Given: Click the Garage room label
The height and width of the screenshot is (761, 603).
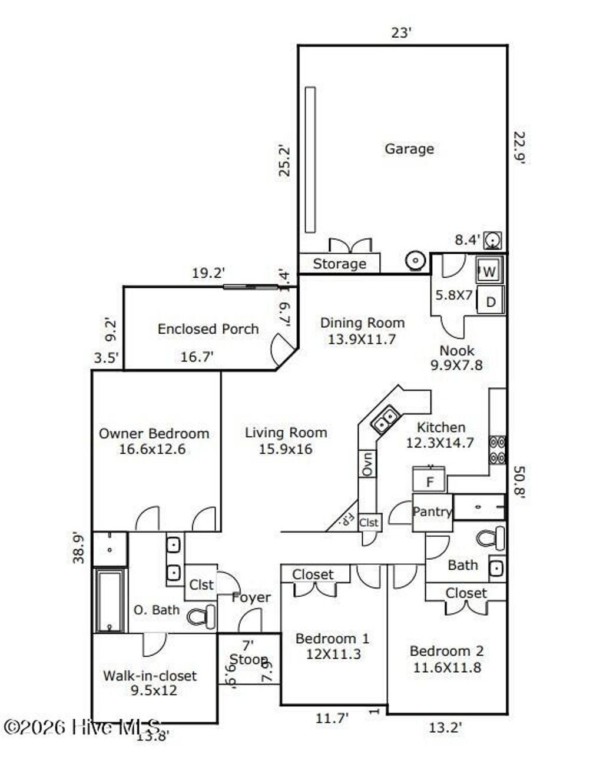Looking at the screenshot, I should [409, 149].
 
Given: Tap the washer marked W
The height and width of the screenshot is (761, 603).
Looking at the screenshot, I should [489, 272].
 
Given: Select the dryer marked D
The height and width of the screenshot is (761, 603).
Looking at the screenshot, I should [490, 302].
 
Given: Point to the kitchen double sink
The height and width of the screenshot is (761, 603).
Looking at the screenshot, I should [386, 420].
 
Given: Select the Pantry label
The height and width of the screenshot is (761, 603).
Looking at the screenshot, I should [432, 511].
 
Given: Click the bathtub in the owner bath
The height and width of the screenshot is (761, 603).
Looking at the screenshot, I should [110, 600].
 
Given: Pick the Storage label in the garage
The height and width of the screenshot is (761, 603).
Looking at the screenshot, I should [339, 264].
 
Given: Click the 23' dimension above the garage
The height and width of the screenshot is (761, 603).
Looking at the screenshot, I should [401, 33].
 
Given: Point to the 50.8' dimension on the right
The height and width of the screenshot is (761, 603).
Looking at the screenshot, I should [518, 482].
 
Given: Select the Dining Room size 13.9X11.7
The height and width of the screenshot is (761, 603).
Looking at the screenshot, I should [362, 339].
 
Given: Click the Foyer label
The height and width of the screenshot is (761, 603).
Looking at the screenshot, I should [251, 597].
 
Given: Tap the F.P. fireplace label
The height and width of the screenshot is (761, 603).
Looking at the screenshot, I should [346, 520].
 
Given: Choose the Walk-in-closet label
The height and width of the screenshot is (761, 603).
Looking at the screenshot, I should [150, 676].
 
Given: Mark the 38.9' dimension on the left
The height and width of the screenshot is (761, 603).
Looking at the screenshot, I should [79, 547].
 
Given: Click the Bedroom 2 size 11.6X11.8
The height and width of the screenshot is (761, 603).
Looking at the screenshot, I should [446, 667].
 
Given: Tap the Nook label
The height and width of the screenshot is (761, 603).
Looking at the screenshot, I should [456, 351].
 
